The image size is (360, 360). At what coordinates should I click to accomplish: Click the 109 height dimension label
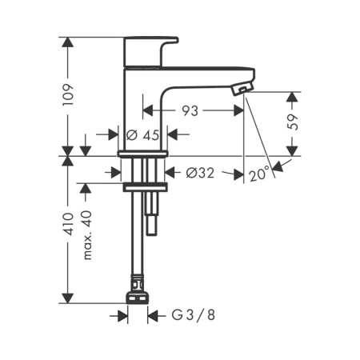coord(68,95)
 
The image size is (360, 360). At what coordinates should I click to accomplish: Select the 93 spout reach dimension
coord(190,110)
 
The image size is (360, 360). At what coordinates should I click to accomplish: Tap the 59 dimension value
coord(293,122)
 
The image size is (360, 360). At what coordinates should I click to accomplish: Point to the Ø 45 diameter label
coord(142,135)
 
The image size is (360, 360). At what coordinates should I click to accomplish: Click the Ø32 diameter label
coord(200,173)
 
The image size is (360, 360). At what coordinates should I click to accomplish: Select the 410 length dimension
coord(68,224)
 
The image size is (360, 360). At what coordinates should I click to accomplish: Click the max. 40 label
coord(87,235)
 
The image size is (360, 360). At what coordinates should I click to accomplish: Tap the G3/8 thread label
coord(193,315)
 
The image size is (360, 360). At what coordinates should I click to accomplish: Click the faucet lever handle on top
coord(150,51)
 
